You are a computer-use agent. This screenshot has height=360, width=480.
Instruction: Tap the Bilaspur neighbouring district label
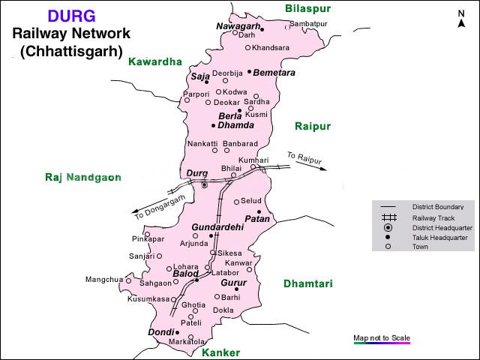tap(308, 8)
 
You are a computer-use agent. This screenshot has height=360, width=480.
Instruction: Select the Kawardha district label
tap(156, 61)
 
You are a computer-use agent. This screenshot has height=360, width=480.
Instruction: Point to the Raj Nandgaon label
tap(82, 177)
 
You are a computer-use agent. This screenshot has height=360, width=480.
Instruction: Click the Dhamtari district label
tap(307, 283)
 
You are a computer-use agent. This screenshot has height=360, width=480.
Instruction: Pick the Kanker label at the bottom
tap(221, 352)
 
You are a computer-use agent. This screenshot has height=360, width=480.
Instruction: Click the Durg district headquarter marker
tap(204, 184)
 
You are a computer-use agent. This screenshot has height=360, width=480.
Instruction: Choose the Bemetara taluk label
tap(274, 73)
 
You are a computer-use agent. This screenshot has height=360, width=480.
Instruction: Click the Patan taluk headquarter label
tap(256, 219)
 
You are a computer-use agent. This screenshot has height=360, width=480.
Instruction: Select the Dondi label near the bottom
tap(160, 331)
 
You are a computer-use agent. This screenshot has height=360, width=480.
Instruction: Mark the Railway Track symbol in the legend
tap(388, 217)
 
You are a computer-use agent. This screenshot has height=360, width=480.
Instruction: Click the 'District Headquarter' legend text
tap(442, 227)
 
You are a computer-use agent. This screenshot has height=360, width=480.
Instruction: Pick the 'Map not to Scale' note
tap(382, 337)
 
